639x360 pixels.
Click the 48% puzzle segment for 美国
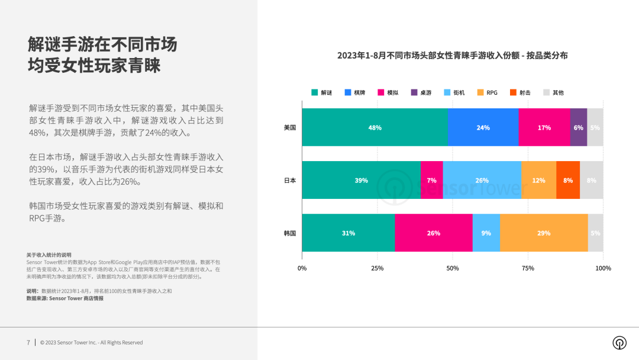coord(375,127)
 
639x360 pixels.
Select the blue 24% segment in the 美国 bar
coord(483,127)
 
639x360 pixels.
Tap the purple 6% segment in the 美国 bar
coord(578,127)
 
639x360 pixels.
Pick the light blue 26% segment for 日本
coord(482,180)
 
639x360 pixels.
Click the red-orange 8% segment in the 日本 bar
coord(568,180)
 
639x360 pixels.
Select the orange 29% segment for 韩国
coord(544,233)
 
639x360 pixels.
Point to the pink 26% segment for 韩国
coord(434,233)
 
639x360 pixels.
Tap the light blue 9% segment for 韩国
coord(486,233)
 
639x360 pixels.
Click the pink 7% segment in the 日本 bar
coord(432,180)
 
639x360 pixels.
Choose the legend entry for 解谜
coord(322,92)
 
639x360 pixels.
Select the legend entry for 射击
coord(520,92)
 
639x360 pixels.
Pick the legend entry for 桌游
coord(421,92)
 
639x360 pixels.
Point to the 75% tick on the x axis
coord(528,268)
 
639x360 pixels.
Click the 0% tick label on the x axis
coord(302,268)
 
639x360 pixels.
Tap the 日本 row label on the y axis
coord(289,180)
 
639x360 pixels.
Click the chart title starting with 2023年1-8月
coord(453,55)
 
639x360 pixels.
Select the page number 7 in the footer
coord(28,342)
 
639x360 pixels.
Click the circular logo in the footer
coord(619,343)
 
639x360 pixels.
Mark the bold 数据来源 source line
coord(64,298)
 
